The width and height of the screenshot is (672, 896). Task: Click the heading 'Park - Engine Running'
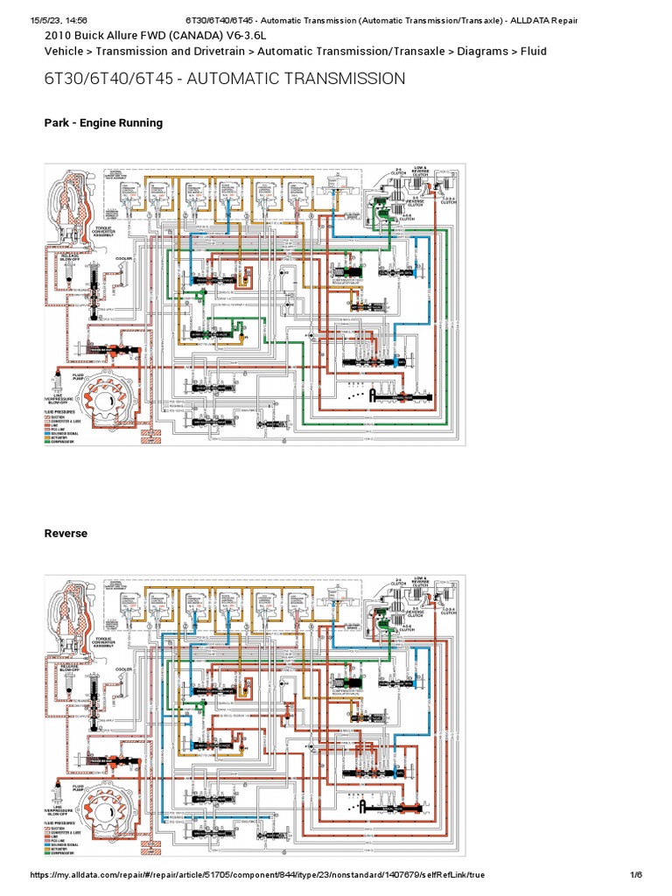pos(103,123)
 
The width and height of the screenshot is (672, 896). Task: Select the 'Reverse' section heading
pos(66,533)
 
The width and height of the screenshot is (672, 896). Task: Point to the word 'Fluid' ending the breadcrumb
pos(533,52)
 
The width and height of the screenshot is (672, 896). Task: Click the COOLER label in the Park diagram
pos(122,259)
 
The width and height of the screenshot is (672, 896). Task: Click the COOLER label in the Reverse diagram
pos(122,669)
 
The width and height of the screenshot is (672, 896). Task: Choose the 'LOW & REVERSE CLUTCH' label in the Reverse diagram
pos(420,580)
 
